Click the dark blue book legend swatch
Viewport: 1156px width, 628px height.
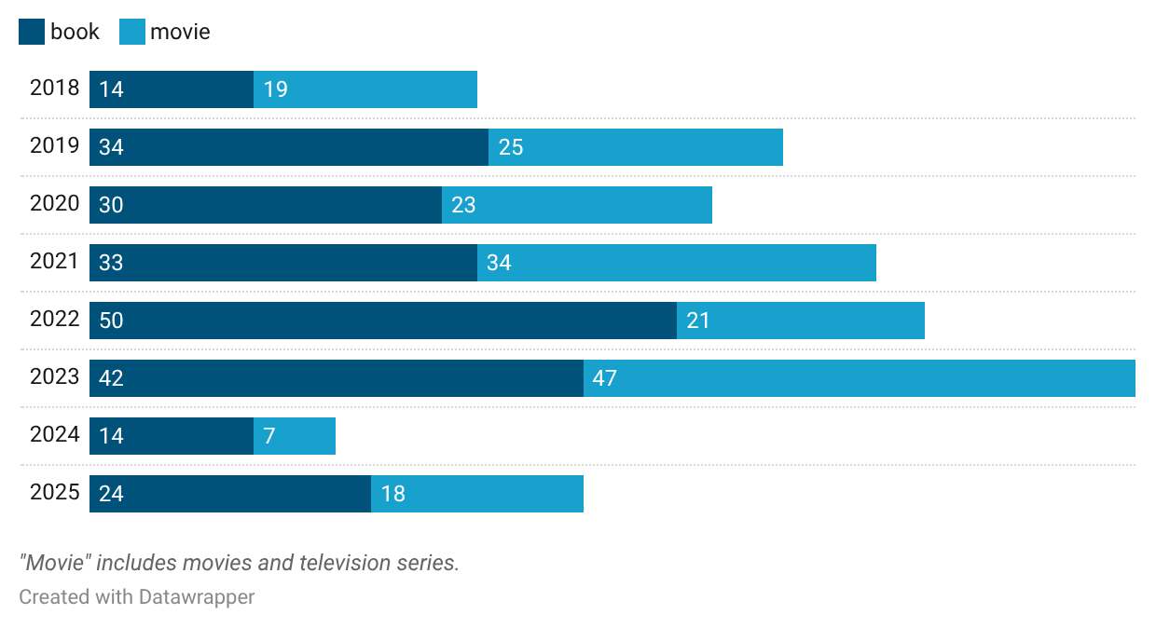pyautogui.click(x=32, y=33)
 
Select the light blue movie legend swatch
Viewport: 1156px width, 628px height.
pyautogui.click(x=132, y=33)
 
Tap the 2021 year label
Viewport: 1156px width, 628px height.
pyautogui.click(x=54, y=262)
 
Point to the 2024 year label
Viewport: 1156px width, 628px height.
pyautogui.click(x=54, y=435)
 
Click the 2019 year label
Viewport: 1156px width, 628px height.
pyautogui.click(x=54, y=146)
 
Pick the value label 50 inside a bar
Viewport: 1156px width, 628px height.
pyautogui.click(x=111, y=321)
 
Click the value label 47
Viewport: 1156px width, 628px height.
pyautogui.click(x=605, y=379)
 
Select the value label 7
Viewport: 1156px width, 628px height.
pyautogui.click(x=269, y=437)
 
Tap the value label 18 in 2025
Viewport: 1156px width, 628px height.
pyautogui.click(x=393, y=495)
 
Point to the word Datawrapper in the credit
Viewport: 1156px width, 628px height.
pyautogui.click(x=197, y=596)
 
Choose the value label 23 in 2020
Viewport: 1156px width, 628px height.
pyautogui.click(x=463, y=206)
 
